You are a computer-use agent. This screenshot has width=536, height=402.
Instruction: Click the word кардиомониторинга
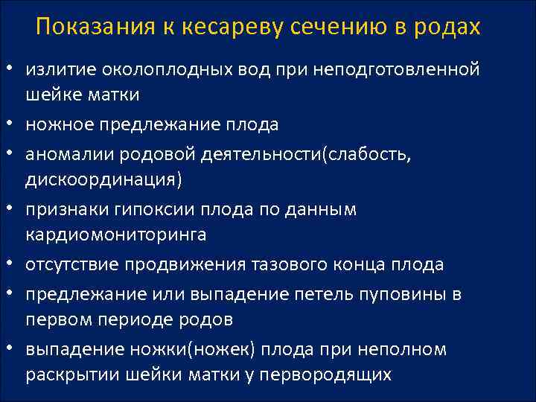116,235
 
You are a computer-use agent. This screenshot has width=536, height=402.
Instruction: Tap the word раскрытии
68,375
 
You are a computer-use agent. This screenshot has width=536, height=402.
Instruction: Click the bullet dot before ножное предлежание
13,124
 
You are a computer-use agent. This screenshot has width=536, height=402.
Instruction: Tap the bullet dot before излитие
13,69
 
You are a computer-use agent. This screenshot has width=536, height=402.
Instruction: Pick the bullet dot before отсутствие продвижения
13,264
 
